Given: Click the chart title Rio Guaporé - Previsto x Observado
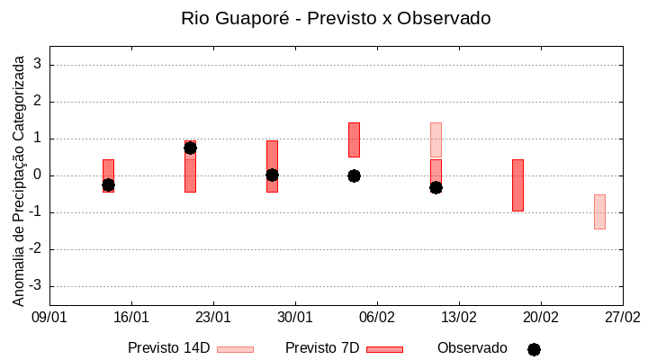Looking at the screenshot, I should point(336,18).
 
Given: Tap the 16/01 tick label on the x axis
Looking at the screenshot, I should point(131,317).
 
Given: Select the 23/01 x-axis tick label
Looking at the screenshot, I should point(213,317).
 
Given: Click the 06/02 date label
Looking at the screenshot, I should point(377,317).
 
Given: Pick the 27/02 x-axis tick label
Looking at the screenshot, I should point(622,317).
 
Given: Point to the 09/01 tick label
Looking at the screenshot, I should point(49,317).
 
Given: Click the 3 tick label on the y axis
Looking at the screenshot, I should point(38,65).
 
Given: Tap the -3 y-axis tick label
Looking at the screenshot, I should point(35,286).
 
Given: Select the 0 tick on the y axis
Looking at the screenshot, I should point(38,175).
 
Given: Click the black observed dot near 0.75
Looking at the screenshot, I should point(190,148).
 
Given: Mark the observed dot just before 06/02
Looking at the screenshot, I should point(354,175).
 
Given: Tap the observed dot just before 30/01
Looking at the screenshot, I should point(272,175).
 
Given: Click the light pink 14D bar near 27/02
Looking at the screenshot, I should point(599,211).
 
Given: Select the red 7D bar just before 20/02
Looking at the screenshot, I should point(517,184).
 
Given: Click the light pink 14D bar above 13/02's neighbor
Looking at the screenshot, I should point(436,139).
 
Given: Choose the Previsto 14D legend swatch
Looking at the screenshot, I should point(235,349).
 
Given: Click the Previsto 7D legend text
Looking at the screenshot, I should point(322,348).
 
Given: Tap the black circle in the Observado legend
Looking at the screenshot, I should point(534,349).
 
